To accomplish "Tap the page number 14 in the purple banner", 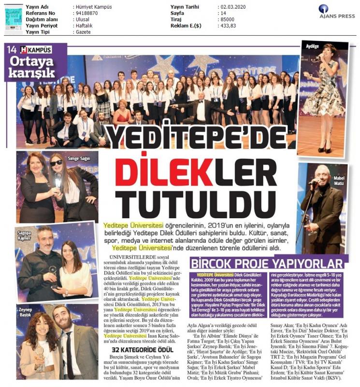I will coord(12,49).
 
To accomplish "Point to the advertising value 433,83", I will coord(227,32).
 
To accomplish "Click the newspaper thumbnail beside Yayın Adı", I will coord(13,18).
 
